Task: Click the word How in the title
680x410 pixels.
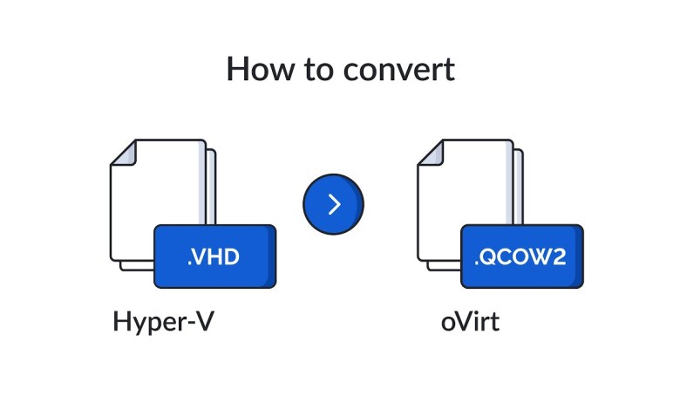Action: pos(256,69)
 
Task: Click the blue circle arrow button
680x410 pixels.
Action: pos(333,204)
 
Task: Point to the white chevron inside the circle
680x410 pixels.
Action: pos(334,204)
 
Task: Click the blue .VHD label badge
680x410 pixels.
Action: pos(214,256)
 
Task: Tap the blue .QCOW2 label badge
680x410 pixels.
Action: pos(521,256)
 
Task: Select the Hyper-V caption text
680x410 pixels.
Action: pos(163,322)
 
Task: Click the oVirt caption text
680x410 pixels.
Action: pos(470,322)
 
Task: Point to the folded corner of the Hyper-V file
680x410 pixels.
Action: pos(126,154)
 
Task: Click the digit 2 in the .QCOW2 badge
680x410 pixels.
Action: pos(561,257)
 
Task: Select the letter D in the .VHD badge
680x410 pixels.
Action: pos(231,257)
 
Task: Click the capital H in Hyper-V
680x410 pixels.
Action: pos(121,321)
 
